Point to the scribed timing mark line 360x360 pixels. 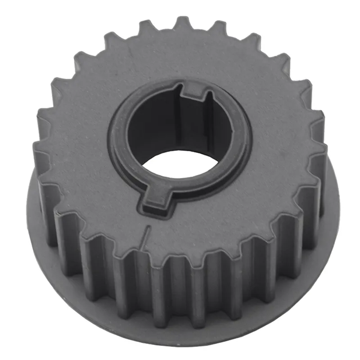[144, 237]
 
